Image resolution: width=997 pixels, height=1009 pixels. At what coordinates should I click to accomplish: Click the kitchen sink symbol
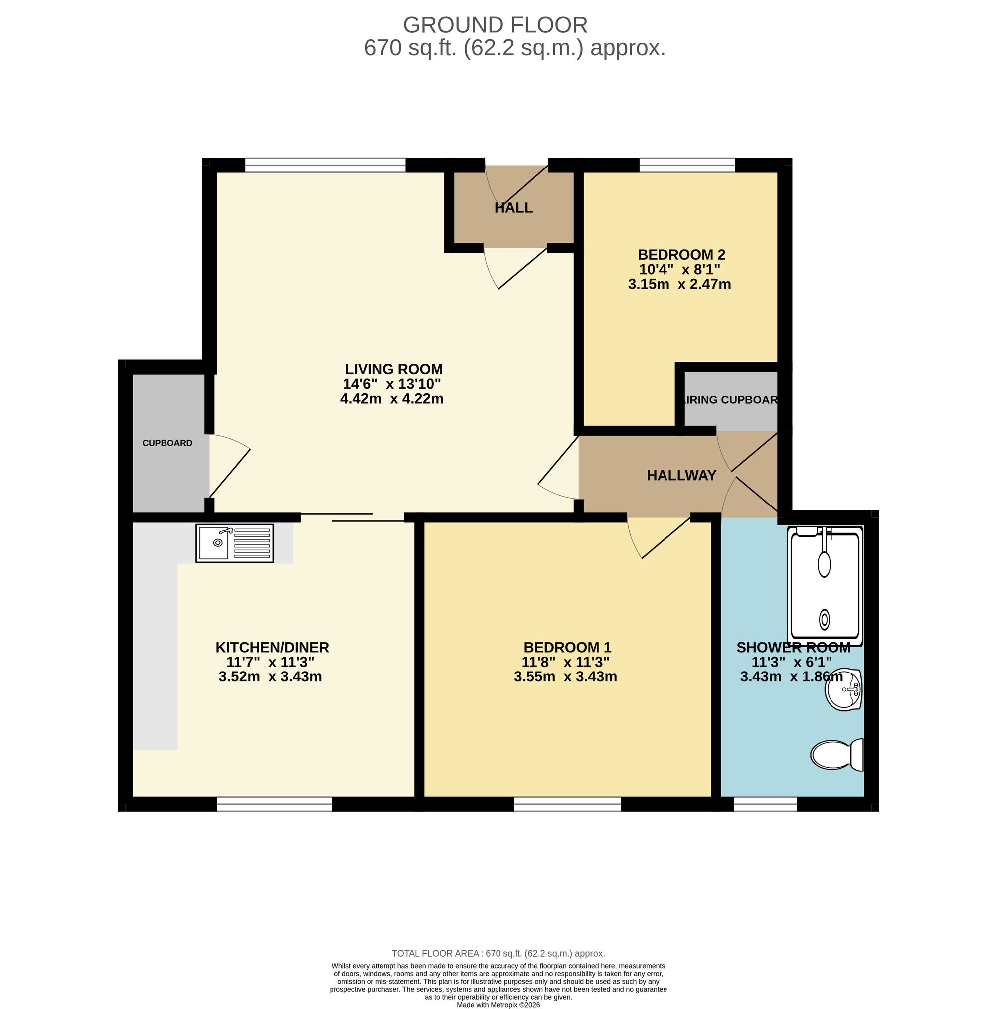(234, 543)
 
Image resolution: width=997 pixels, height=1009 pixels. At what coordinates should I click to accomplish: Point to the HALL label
(513, 208)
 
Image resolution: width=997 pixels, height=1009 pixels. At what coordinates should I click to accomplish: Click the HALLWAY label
(681, 475)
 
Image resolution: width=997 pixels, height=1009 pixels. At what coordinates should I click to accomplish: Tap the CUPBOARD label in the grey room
(167, 443)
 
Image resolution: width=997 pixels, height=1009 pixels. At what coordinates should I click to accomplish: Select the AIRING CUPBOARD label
(730, 400)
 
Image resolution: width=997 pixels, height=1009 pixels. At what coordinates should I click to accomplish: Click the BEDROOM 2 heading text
(681, 255)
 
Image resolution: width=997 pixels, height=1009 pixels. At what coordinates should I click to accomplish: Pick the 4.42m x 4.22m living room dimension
(392, 399)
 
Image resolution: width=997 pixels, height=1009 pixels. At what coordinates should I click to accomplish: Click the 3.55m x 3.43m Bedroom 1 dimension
(565, 677)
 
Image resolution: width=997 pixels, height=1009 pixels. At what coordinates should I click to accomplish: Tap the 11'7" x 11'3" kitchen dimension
(270, 662)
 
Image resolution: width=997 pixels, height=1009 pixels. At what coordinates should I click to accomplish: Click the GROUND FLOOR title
(495, 25)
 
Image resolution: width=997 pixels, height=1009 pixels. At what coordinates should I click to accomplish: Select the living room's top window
(325, 165)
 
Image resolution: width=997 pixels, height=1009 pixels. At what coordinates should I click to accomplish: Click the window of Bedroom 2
(687, 165)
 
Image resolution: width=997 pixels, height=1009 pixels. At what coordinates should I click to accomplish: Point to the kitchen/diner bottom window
(274, 804)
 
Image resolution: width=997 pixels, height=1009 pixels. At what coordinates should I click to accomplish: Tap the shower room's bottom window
(765, 804)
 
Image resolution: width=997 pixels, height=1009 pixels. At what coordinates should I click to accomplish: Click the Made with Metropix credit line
(498, 1005)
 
